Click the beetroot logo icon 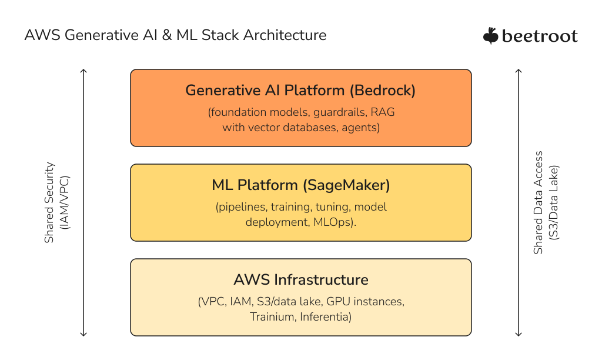coord(491,36)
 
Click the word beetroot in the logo coord(540,36)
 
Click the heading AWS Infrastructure coord(300,279)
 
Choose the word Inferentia coord(325,317)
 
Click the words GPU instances coord(365,302)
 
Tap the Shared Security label coord(50,203)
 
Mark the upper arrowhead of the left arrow coord(83,71)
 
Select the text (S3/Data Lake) coord(553,203)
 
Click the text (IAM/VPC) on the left coord(65,203)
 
